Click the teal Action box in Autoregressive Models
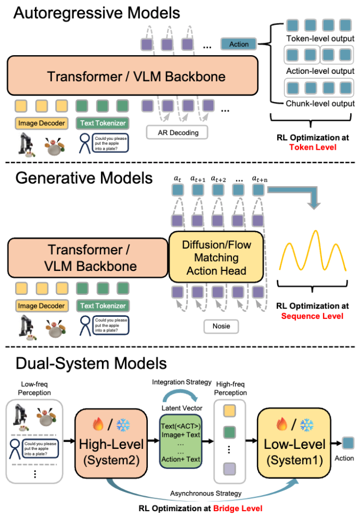tap(239, 44)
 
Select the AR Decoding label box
tap(178, 133)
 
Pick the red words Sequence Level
tap(313, 316)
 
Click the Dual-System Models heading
tap(91, 363)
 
